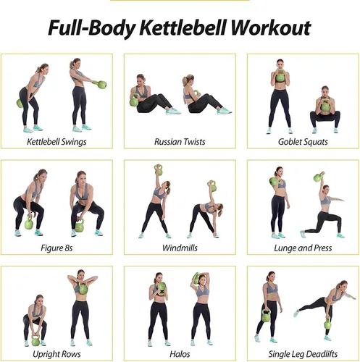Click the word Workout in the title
point(271,28)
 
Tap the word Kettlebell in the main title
point(183,28)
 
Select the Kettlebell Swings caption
point(56,142)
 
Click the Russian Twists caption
point(180,142)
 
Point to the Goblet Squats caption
point(303,142)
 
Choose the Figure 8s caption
point(56,248)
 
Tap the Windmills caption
point(180,248)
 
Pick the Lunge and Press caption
point(303,248)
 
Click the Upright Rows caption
point(56,354)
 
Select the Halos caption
point(180,354)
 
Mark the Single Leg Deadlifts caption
point(303,354)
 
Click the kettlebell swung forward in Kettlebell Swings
point(101,85)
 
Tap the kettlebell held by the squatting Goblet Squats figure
point(325,105)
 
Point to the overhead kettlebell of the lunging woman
point(319,177)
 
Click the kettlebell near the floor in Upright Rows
point(36,340)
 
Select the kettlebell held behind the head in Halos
point(195,278)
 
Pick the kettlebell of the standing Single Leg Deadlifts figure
point(266,316)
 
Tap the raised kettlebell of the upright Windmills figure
point(159,170)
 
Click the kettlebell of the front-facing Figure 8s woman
point(79,226)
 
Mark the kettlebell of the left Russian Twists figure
point(134,101)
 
